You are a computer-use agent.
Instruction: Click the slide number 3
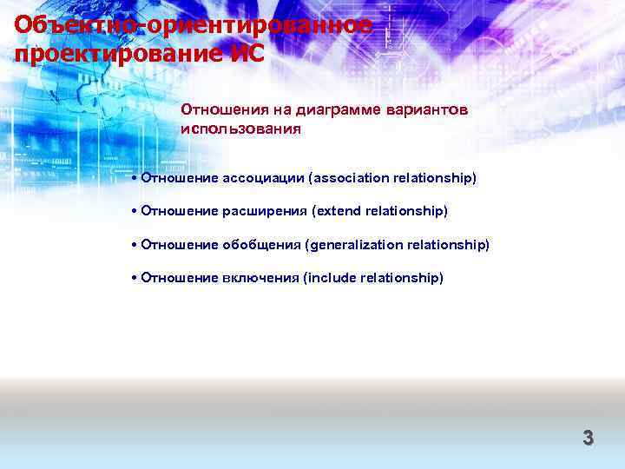coord(588,439)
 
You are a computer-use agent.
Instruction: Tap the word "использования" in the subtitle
coord(240,129)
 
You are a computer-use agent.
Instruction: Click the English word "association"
coord(352,178)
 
